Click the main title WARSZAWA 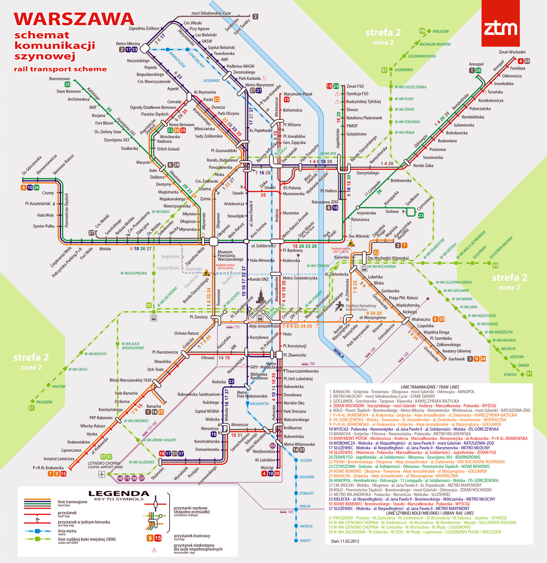74,19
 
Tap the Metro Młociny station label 128,44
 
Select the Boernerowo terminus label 59,79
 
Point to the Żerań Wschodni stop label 512,52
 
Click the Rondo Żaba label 423,165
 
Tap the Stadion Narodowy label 361,306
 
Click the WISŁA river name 339,353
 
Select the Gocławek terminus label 456,359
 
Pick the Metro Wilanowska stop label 299,444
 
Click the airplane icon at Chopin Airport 101,474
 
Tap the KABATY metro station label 305,540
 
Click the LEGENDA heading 119,494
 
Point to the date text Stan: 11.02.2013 345,541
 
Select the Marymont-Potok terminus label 298,94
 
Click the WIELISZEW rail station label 441,31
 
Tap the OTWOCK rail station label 510,375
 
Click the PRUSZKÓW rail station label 44,402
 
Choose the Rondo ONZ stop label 259,279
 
